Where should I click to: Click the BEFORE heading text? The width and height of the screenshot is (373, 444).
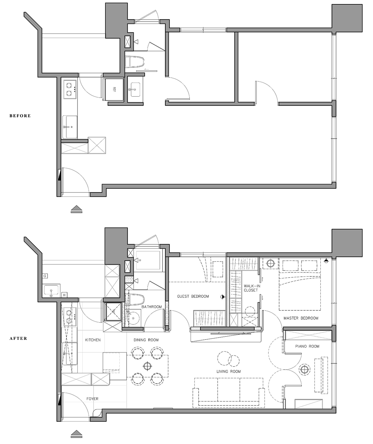click(x=20, y=116)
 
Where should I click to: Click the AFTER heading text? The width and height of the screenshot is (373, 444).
click(x=18, y=339)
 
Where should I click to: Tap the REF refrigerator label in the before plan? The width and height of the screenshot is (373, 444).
click(x=114, y=89)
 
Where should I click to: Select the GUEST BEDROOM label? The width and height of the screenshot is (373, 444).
click(x=193, y=296)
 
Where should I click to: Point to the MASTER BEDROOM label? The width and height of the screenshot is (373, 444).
click(x=301, y=318)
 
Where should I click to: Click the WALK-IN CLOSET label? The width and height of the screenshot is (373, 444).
click(x=252, y=288)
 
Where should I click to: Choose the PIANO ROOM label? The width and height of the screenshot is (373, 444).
click(x=307, y=346)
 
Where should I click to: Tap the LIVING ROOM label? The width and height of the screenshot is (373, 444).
click(x=228, y=372)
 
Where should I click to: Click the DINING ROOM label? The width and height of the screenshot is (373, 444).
click(x=146, y=340)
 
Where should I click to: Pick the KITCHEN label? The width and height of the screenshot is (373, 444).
click(x=93, y=340)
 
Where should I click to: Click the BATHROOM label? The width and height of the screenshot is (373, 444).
click(x=152, y=307)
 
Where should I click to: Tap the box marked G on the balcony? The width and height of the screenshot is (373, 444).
click(x=45, y=276)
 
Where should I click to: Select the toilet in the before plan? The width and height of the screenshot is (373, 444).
click(x=135, y=61)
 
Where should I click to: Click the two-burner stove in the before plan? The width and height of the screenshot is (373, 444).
click(x=70, y=89)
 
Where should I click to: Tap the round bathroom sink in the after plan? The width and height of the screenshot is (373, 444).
click(x=133, y=318)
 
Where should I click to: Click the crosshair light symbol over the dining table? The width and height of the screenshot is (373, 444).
click(x=147, y=366)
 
